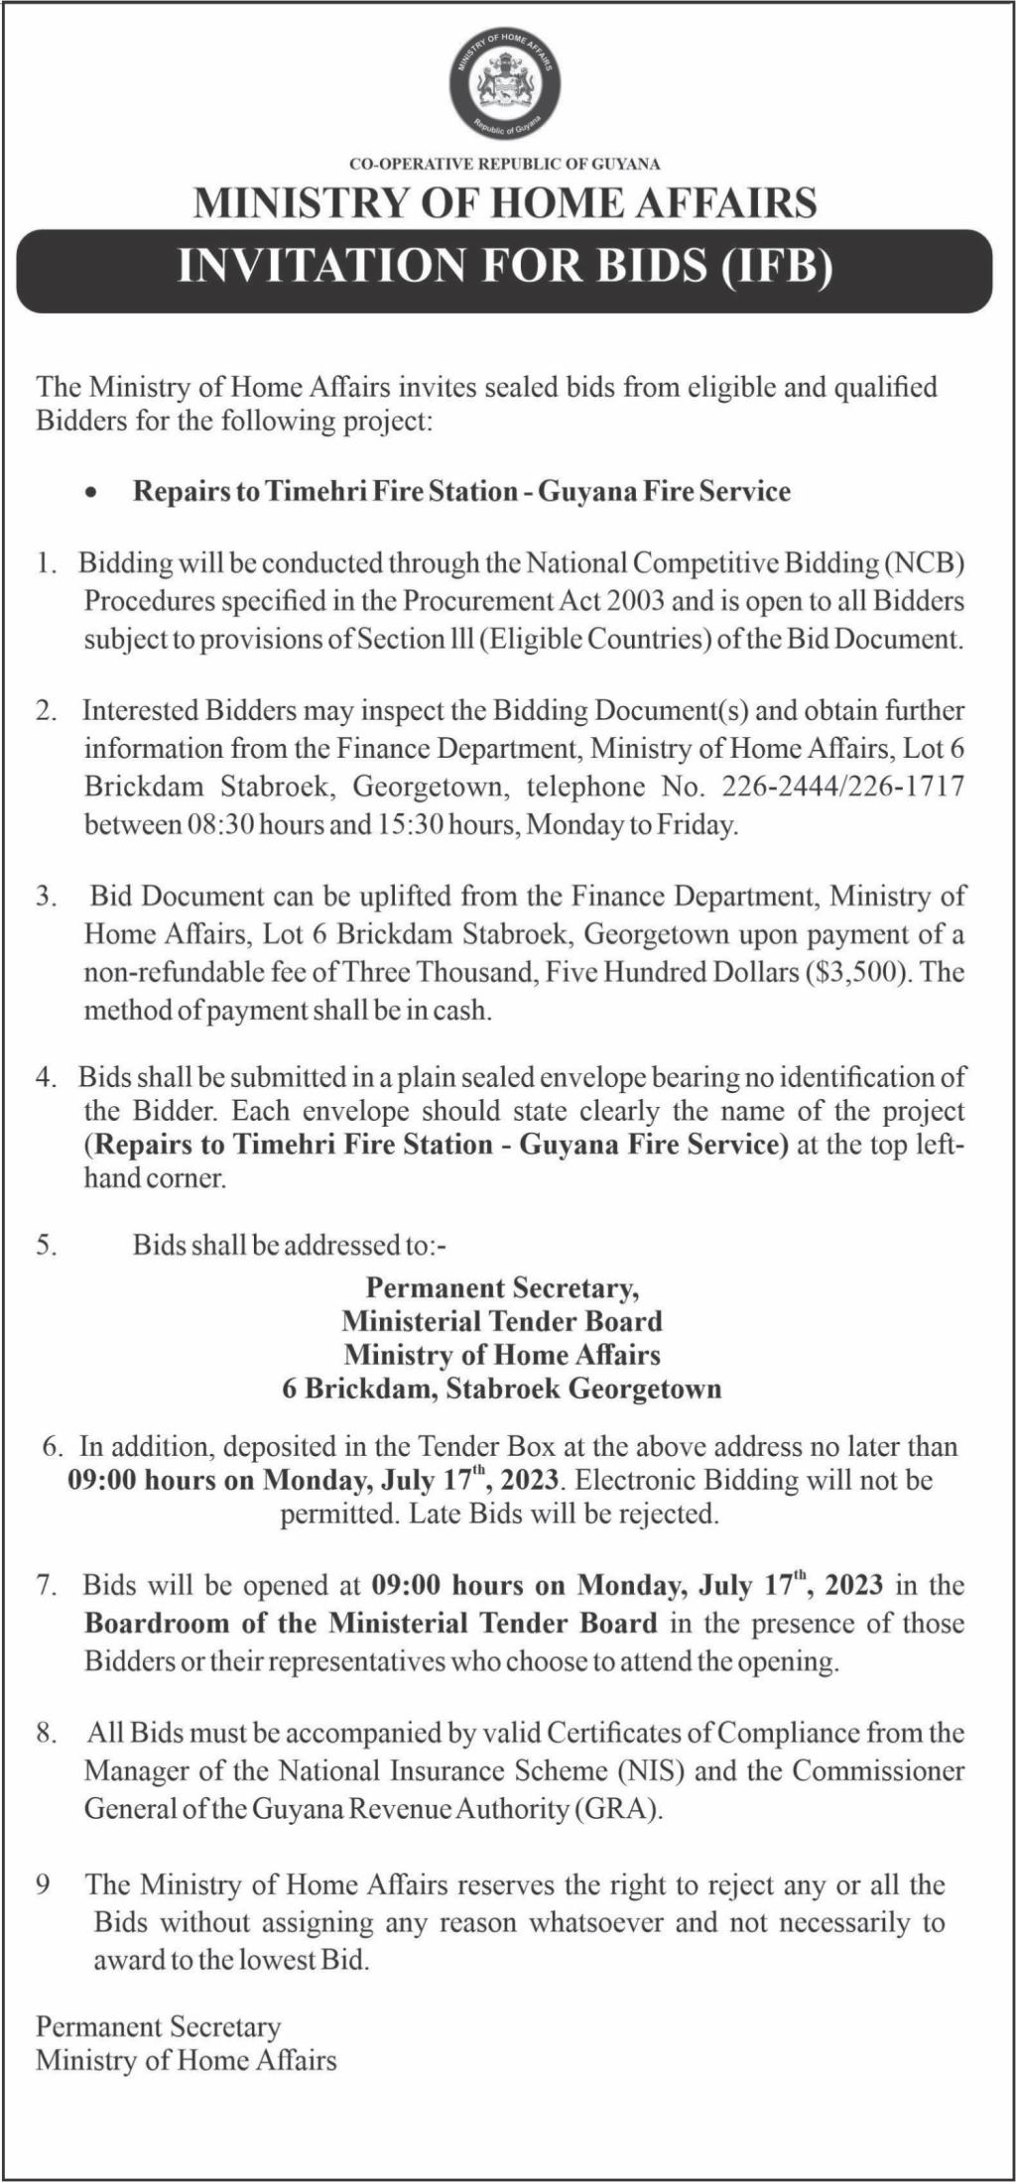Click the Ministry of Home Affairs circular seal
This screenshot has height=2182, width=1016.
coord(506,86)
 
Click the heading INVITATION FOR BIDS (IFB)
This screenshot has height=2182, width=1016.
coord(506,267)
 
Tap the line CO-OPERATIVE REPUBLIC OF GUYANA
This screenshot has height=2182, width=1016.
coord(505,164)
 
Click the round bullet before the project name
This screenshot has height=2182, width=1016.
coord(92,493)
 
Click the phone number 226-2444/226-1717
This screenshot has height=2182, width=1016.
coord(843,787)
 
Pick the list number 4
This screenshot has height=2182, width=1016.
coord(46,1077)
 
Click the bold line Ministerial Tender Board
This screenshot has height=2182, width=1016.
coord(502,1321)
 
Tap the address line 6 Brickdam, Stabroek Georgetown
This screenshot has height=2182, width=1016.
coord(502,1389)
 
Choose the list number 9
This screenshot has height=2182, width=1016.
coord(44,1884)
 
